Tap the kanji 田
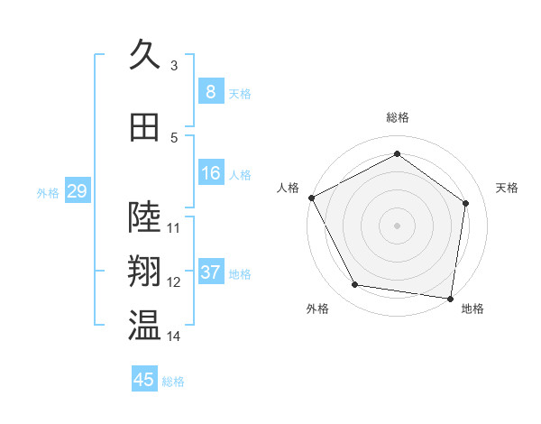point(144,127)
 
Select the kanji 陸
point(144,216)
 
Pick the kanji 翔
point(144,271)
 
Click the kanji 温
point(144,326)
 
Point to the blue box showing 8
point(210,91)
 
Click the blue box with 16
point(210,173)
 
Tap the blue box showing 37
point(210,272)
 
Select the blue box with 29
point(77,191)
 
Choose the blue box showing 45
point(144,380)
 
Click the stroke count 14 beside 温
point(174,336)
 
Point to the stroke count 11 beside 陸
point(174,227)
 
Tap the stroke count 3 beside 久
point(174,65)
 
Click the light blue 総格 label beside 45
point(173,382)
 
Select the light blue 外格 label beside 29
point(48,193)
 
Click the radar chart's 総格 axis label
point(397,117)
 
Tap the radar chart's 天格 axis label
point(507,188)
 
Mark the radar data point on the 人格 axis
point(311,198)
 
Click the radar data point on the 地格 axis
point(450,298)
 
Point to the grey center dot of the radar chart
point(397,225)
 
